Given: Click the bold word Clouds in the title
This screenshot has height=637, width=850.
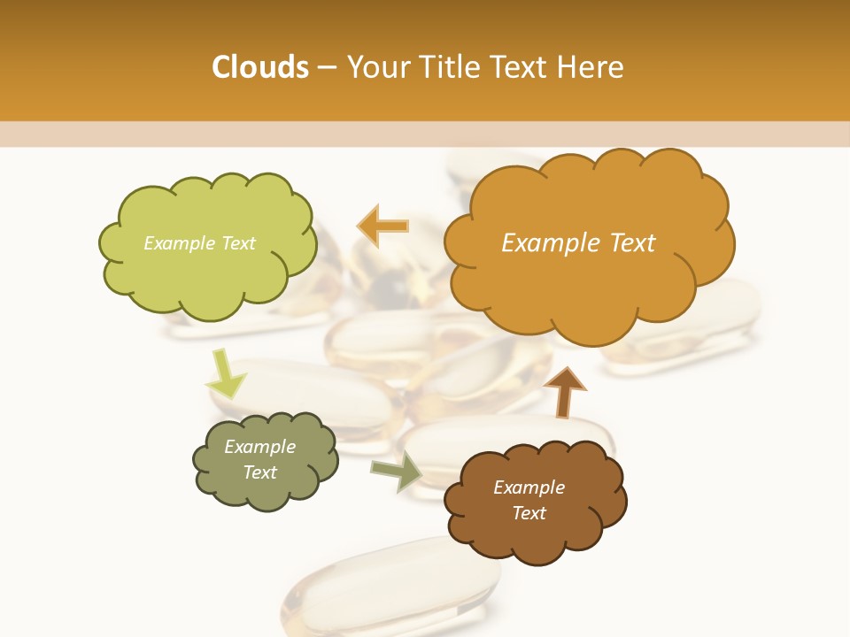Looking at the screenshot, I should (x=259, y=67).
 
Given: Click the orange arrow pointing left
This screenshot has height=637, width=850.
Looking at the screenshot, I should (x=382, y=226).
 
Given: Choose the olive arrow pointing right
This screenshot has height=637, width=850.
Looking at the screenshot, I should (x=397, y=472).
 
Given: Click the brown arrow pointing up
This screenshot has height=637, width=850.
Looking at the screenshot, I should (x=564, y=391).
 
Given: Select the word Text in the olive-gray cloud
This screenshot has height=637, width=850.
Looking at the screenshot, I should (x=259, y=472).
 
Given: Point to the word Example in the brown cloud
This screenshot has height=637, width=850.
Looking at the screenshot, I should (x=529, y=487).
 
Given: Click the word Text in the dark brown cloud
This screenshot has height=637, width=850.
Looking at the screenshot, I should (x=529, y=513).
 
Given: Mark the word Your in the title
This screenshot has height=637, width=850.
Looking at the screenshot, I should (x=373, y=67).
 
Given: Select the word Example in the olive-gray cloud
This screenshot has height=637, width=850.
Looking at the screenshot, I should (x=259, y=447).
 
